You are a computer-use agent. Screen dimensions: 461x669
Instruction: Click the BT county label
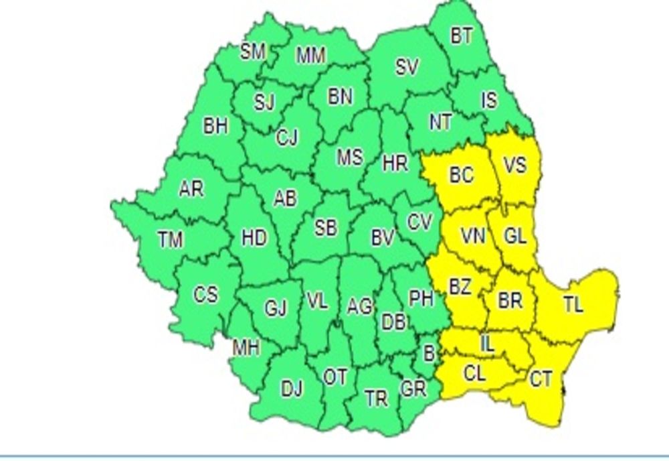pos(462,36)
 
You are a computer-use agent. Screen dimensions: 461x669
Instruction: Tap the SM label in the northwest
pos(253,52)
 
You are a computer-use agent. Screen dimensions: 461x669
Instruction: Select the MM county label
pos(310,56)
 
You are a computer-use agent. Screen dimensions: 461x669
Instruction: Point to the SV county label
pos(407,67)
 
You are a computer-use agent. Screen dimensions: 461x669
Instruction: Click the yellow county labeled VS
pos(514,165)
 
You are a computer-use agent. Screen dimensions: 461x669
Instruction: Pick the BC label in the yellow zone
pos(462,176)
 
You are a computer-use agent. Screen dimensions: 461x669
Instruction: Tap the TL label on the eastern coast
pos(573,306)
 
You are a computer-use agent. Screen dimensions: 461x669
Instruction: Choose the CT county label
pos(541,381)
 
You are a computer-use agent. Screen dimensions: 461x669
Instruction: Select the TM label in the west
pos(170,239)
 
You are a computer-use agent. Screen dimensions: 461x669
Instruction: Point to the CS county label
pos(205,294)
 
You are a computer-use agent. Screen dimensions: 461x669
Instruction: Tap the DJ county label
pos(291,389)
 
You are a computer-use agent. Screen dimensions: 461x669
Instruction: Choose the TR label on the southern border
pos(376,399)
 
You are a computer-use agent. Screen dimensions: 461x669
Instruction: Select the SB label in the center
pos(325,228)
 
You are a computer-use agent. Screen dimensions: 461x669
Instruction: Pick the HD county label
pos(254,238)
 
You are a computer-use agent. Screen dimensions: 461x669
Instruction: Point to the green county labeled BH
pos(215,127)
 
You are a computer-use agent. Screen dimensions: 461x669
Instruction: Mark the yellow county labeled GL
pos(515,237)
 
